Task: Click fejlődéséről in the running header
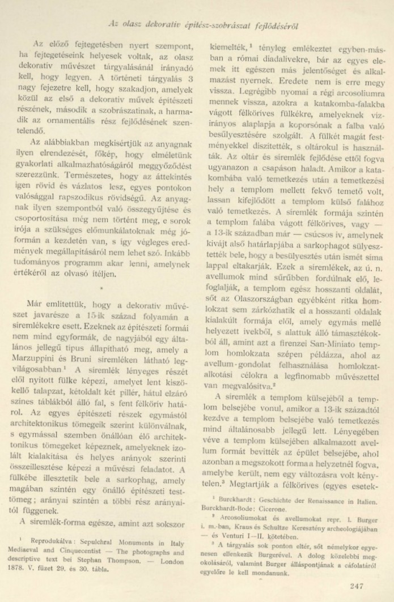[x=275, y=27]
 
